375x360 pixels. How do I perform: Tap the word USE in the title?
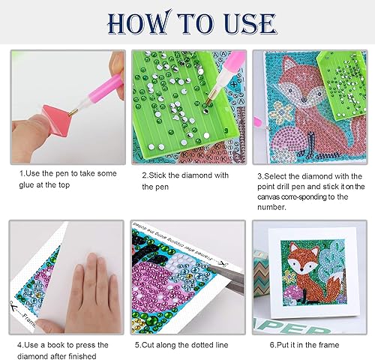[x=250, y=23]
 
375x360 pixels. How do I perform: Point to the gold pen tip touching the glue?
[x=72, y=112]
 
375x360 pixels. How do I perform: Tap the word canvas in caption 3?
[x=268, y=197]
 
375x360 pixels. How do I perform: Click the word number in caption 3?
[x=271, y=207]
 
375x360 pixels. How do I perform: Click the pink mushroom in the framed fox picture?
[x=292, y=293]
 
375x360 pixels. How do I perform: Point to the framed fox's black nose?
[x=302, y=270]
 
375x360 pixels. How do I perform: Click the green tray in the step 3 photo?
[x=342, y=85]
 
